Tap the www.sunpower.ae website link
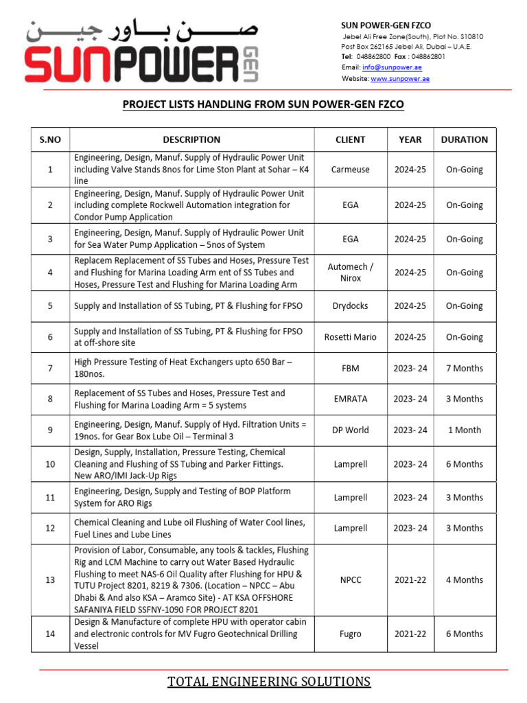point(400,79)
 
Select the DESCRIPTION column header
point(191,139)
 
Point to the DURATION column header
point(465,139)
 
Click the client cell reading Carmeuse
point(350,170)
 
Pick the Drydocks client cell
point(350,306)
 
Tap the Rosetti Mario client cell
point(350,337)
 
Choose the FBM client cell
point(350,369)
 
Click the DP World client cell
point(350,430)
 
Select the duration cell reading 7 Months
point(465,369)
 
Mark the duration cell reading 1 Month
point(465,430)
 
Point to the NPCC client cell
point(350,580)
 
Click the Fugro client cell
point(350,634)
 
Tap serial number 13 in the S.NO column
point(50,580)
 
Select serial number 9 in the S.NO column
point(50,430)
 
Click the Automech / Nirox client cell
point(350,273)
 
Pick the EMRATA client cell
point(350,399)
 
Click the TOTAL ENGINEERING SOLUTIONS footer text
point(269,682)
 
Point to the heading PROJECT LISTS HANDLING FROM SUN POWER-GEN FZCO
point(263,104)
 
